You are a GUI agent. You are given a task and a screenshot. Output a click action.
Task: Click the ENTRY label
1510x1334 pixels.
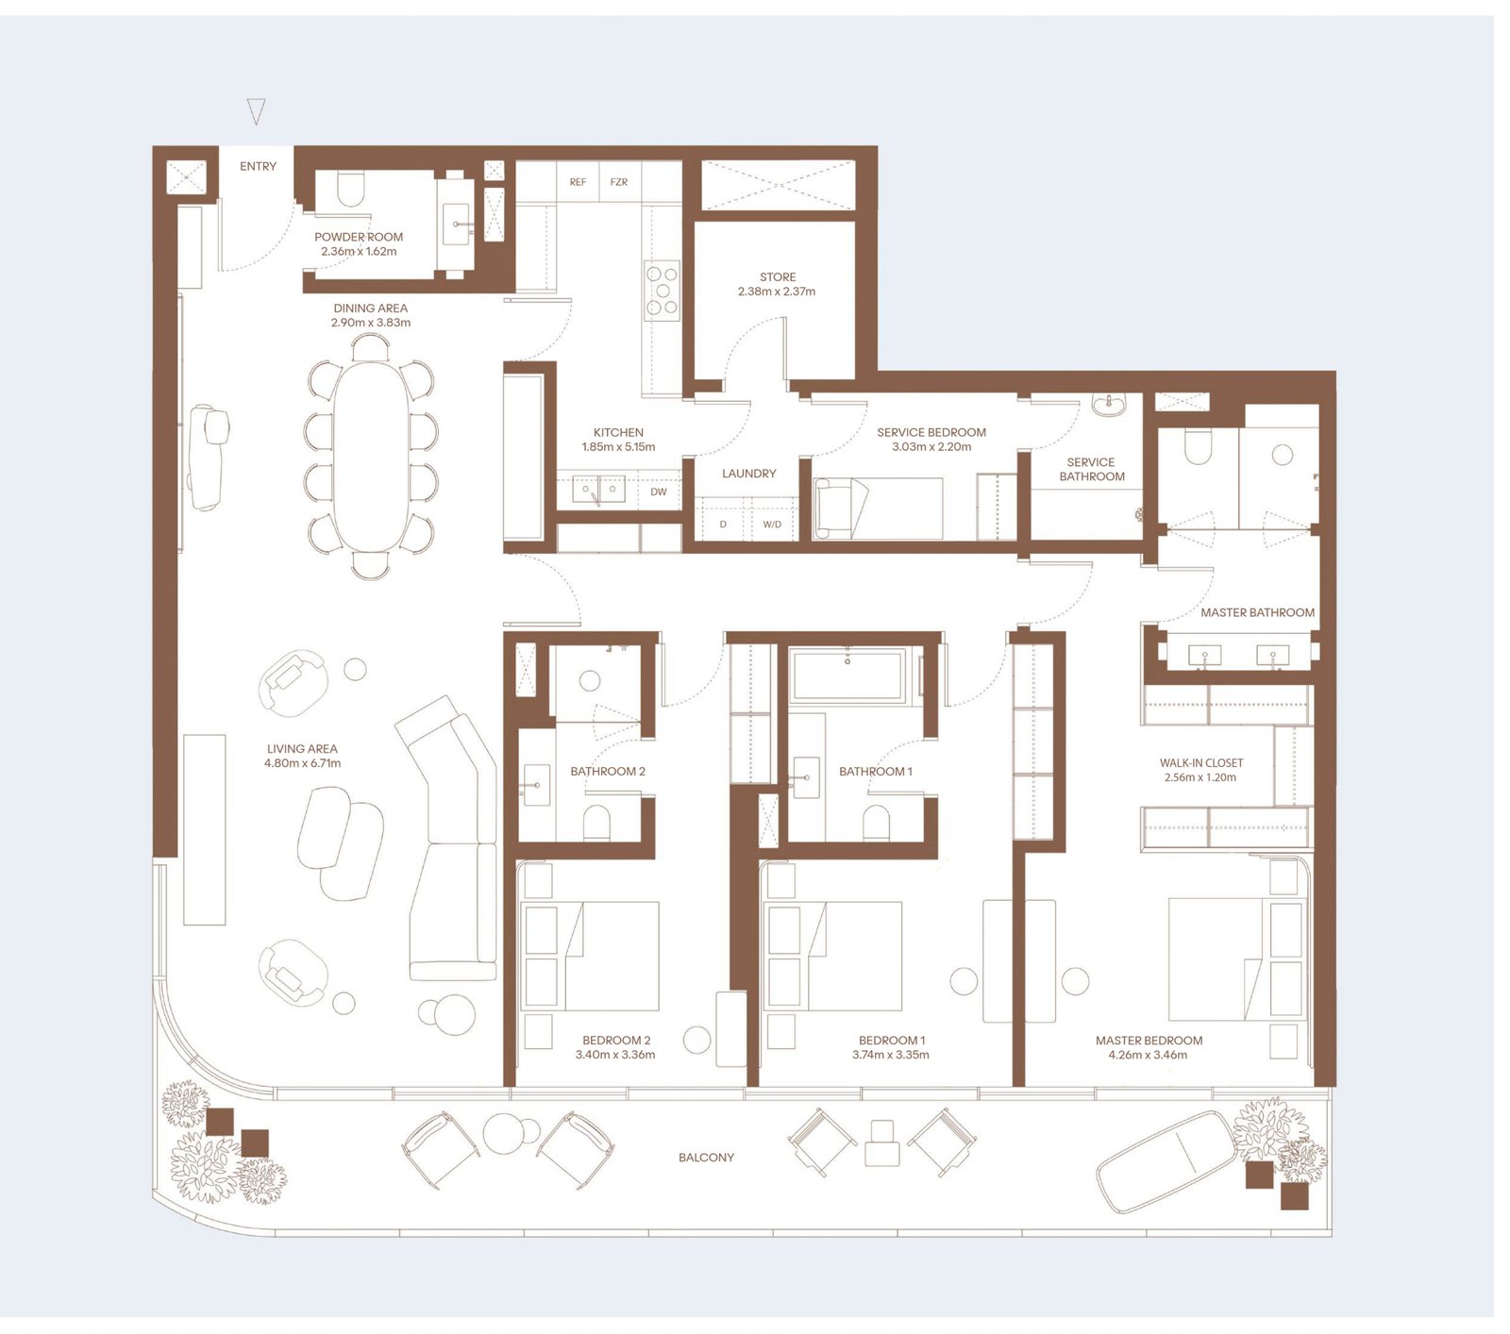point(258,167)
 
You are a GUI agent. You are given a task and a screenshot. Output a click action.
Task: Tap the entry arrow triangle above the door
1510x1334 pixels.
point(256,110)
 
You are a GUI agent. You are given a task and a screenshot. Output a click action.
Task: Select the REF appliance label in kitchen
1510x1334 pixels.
point(578,182)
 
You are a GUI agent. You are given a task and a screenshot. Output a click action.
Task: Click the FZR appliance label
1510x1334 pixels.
point(618,182)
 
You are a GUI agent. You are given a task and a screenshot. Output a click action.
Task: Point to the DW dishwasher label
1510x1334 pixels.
point(658,492)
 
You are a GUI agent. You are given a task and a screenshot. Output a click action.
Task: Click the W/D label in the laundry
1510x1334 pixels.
point(772,525)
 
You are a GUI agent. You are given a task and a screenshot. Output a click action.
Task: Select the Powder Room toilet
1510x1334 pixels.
point(349,189)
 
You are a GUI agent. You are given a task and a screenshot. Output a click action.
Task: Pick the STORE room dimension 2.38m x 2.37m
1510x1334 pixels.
point(777,292)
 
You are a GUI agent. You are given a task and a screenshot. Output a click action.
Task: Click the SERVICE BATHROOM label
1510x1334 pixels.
point(1091,469)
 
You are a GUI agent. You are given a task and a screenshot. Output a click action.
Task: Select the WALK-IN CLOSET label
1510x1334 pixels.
point(1200,762)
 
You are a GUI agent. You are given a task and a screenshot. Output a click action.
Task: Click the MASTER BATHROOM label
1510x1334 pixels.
point(1257,612)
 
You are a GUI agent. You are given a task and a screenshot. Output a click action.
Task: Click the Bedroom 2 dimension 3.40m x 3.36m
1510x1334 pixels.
point(615,1055)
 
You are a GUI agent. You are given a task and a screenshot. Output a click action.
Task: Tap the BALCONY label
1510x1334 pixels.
point(706,1158)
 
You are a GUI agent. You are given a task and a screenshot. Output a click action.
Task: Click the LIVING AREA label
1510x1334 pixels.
point(302,749)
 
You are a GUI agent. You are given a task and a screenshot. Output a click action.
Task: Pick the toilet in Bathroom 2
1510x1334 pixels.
point(596,821)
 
